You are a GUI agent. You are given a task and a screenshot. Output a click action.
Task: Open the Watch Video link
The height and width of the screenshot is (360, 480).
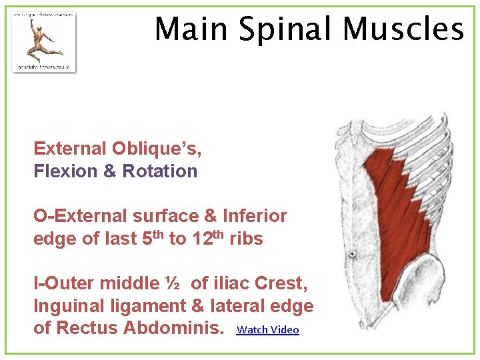pos(268,330)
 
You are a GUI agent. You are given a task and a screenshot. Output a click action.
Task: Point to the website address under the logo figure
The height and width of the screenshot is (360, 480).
pos(43,67)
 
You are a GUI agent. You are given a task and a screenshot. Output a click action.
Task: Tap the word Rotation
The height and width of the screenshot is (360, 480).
pos(160,171)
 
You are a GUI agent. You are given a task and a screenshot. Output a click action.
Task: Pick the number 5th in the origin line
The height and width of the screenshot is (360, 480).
pos(152,237)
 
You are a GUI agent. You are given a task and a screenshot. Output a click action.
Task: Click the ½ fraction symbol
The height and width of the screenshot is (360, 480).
pos(173,283)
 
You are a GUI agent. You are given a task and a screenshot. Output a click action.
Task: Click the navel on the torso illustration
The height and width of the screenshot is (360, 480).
pos(351,253)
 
